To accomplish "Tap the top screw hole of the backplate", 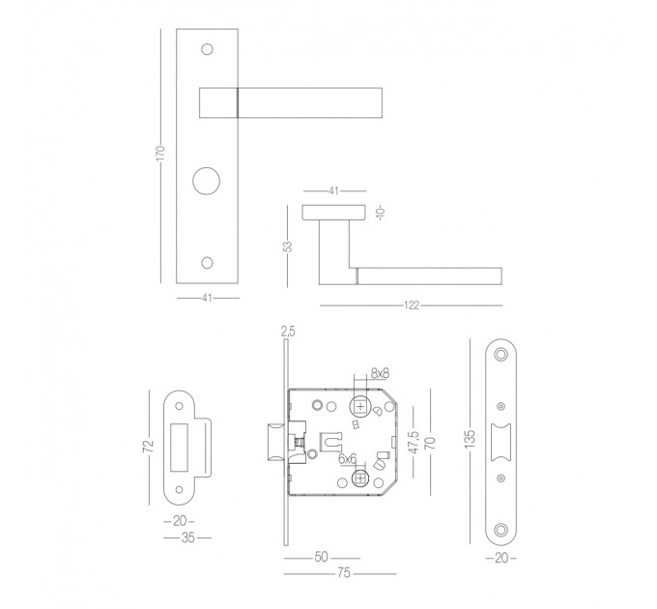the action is (207, 49).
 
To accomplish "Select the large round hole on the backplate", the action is (206, 182).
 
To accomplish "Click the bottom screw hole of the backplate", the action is (207, 262).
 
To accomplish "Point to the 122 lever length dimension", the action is (412, 305).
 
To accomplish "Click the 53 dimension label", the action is (288, 246).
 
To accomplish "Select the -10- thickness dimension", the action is (381, 214).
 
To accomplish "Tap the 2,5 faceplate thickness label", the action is (288, 332).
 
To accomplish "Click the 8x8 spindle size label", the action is (380, 373).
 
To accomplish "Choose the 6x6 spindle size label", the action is (348, 459).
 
